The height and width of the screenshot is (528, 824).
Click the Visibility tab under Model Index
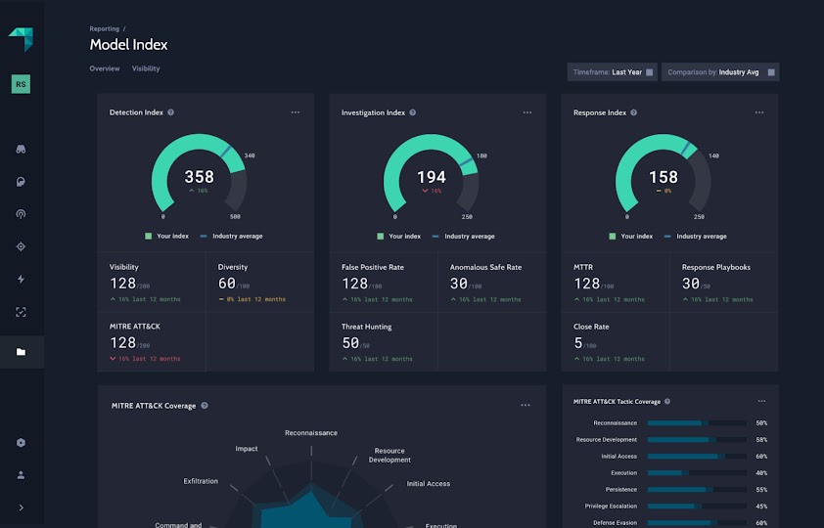point(146,68)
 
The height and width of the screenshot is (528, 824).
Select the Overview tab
point(105,68)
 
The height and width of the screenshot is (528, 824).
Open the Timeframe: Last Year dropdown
point(612,72)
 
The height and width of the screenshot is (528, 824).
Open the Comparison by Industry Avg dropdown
point(719,72)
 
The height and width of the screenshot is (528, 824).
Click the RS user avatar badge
point(22,85)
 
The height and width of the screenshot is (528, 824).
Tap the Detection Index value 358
point(199,177)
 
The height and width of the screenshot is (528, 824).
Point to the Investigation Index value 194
point(431,177)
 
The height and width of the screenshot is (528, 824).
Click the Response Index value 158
point(664,177)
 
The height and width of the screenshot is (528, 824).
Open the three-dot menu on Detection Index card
point(296,112)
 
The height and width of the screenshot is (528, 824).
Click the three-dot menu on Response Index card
point(759,112)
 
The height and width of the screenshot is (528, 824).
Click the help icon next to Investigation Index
point(413,112)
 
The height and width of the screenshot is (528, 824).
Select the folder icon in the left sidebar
point(22,352)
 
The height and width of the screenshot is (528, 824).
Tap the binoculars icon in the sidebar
point(22,150)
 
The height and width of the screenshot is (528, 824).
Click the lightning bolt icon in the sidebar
point(22,279)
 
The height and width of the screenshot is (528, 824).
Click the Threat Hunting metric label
point(366,328)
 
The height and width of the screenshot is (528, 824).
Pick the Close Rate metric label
point(591,328)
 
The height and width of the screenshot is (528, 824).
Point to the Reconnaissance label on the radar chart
point(311,433)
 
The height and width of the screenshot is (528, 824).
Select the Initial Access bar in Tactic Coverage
point(695,457)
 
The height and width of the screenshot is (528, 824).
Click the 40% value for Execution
point(761,473)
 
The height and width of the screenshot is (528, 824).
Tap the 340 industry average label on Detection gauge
point(250,155)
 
